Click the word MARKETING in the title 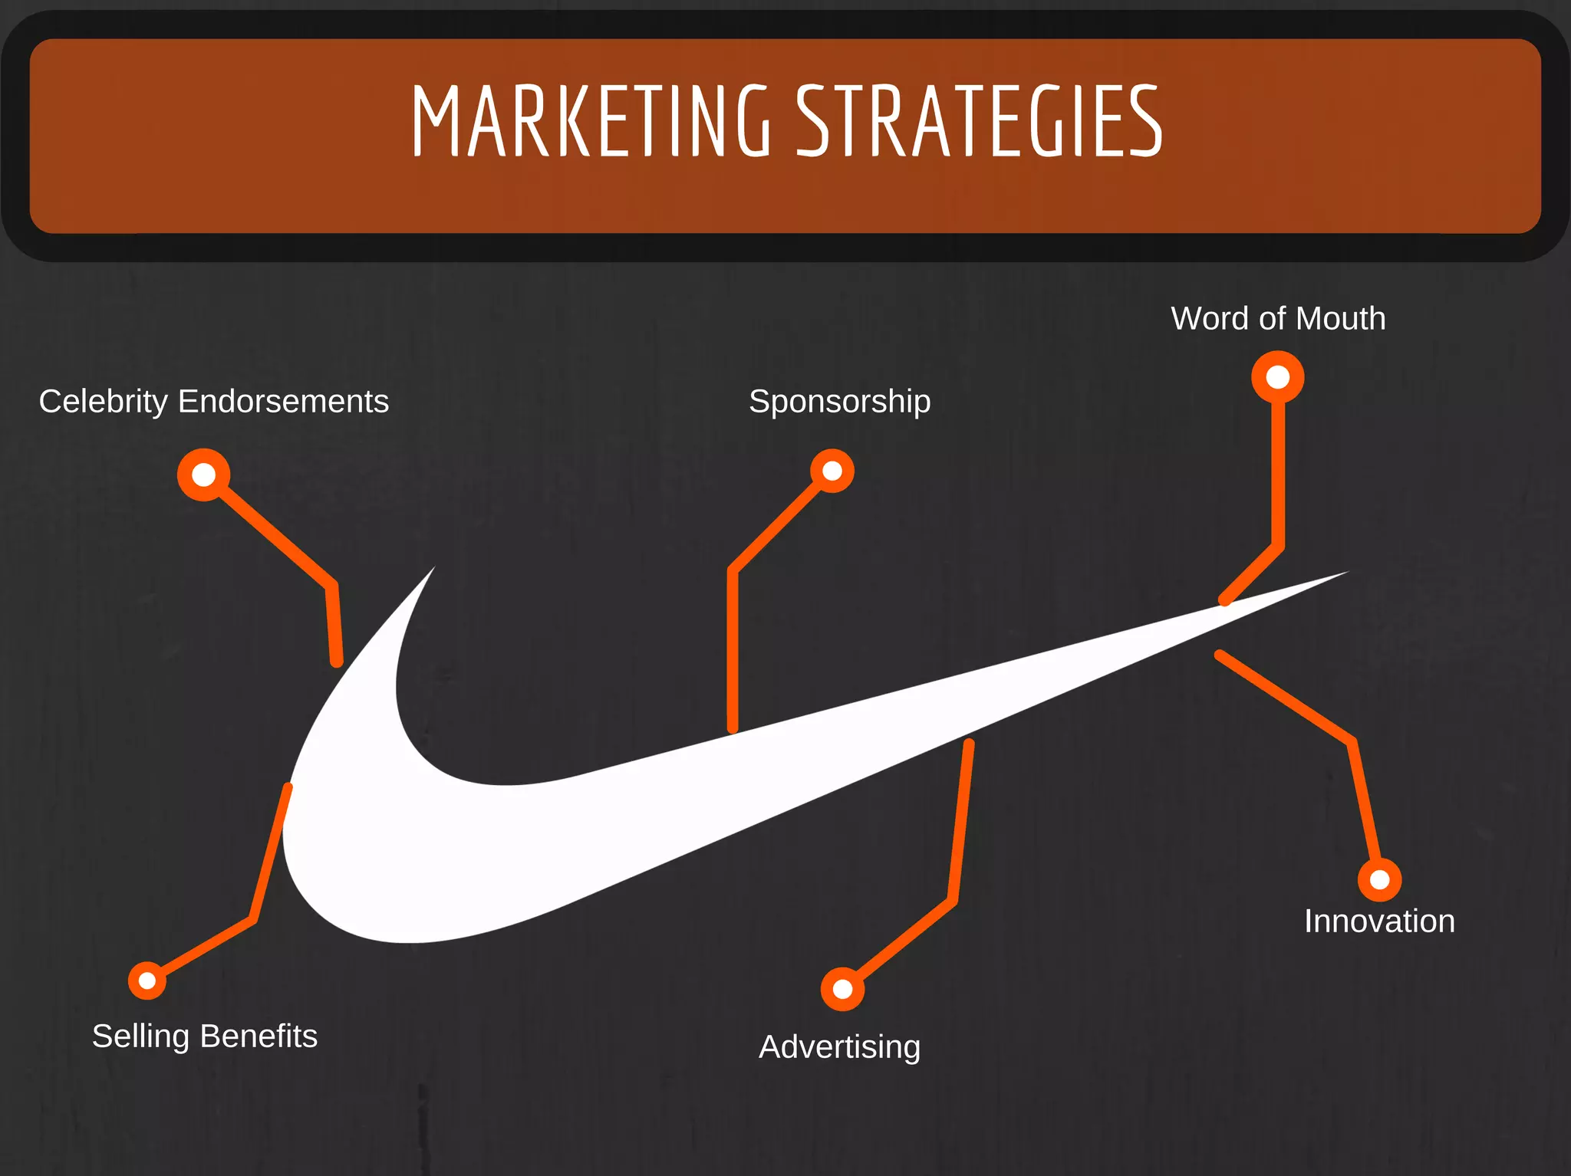(591, 121)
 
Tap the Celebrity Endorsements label (214, 402)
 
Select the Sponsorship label (839, 402)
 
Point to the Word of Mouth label (1278, 319)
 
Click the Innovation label (1379, 921)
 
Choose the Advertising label (839, 1047)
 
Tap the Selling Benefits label (205, 1036)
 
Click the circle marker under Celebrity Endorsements (204, 475)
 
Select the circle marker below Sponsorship (832, 471)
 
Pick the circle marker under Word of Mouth (1278, 377)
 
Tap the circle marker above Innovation (1379, 879)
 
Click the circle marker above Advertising (842, 989)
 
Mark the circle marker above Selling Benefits (147, 981)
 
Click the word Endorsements (283, 402)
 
